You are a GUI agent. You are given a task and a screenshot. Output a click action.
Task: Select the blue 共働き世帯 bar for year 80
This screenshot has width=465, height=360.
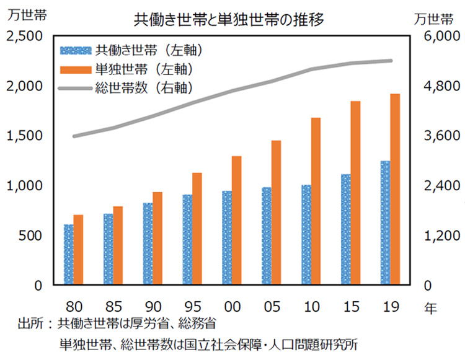point(69,255)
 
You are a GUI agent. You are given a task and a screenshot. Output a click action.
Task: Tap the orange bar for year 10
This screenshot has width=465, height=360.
point(316,201)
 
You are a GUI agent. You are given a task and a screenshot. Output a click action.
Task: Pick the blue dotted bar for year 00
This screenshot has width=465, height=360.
point(227,238)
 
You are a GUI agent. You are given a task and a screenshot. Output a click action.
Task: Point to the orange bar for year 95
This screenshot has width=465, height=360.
point(197,229)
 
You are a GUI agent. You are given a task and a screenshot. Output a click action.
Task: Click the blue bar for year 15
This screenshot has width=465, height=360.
point(346,229)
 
